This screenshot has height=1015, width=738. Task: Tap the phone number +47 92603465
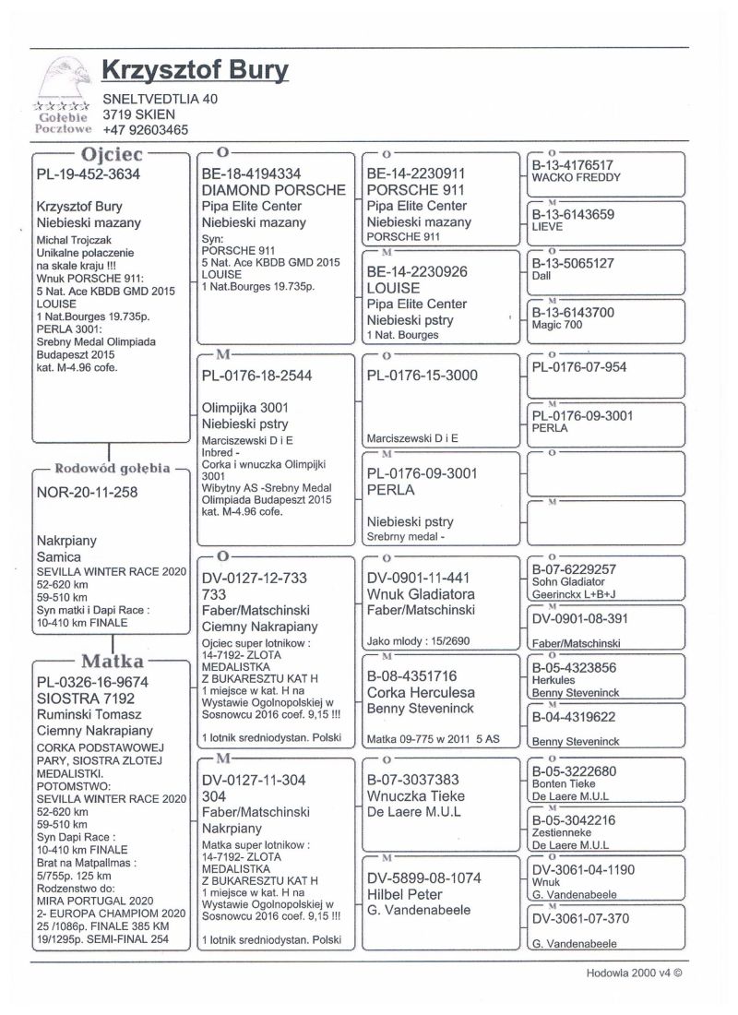[146, 131]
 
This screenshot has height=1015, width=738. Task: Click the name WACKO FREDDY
[576, 177]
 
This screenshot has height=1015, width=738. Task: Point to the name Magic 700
[562, 327]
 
